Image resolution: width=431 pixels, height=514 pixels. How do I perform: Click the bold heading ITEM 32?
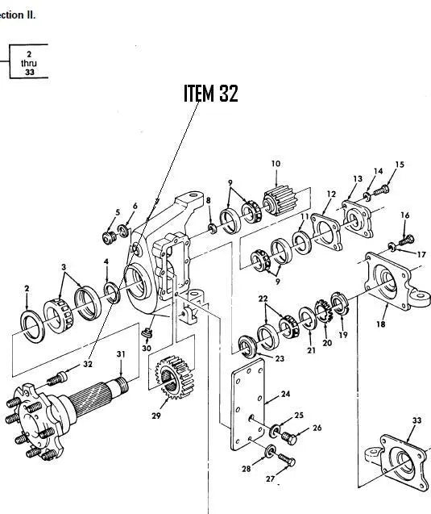tap(211, 94)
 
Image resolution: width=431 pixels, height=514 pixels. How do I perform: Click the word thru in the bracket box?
tap(29, 63)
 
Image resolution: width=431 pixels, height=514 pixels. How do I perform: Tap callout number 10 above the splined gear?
tap(276, 164)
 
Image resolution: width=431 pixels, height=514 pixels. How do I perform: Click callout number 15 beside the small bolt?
tap(400, 165)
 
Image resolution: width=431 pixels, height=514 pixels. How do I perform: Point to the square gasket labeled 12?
tap(326, 231)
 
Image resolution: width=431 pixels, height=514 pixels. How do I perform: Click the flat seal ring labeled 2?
tap(33, 326)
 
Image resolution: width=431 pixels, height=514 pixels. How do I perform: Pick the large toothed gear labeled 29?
tap(175, 377)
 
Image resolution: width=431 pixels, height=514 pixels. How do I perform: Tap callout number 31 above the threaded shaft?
tap(121, 354)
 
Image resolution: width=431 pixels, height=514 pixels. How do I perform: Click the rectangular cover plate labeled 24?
tap(248, 404)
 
